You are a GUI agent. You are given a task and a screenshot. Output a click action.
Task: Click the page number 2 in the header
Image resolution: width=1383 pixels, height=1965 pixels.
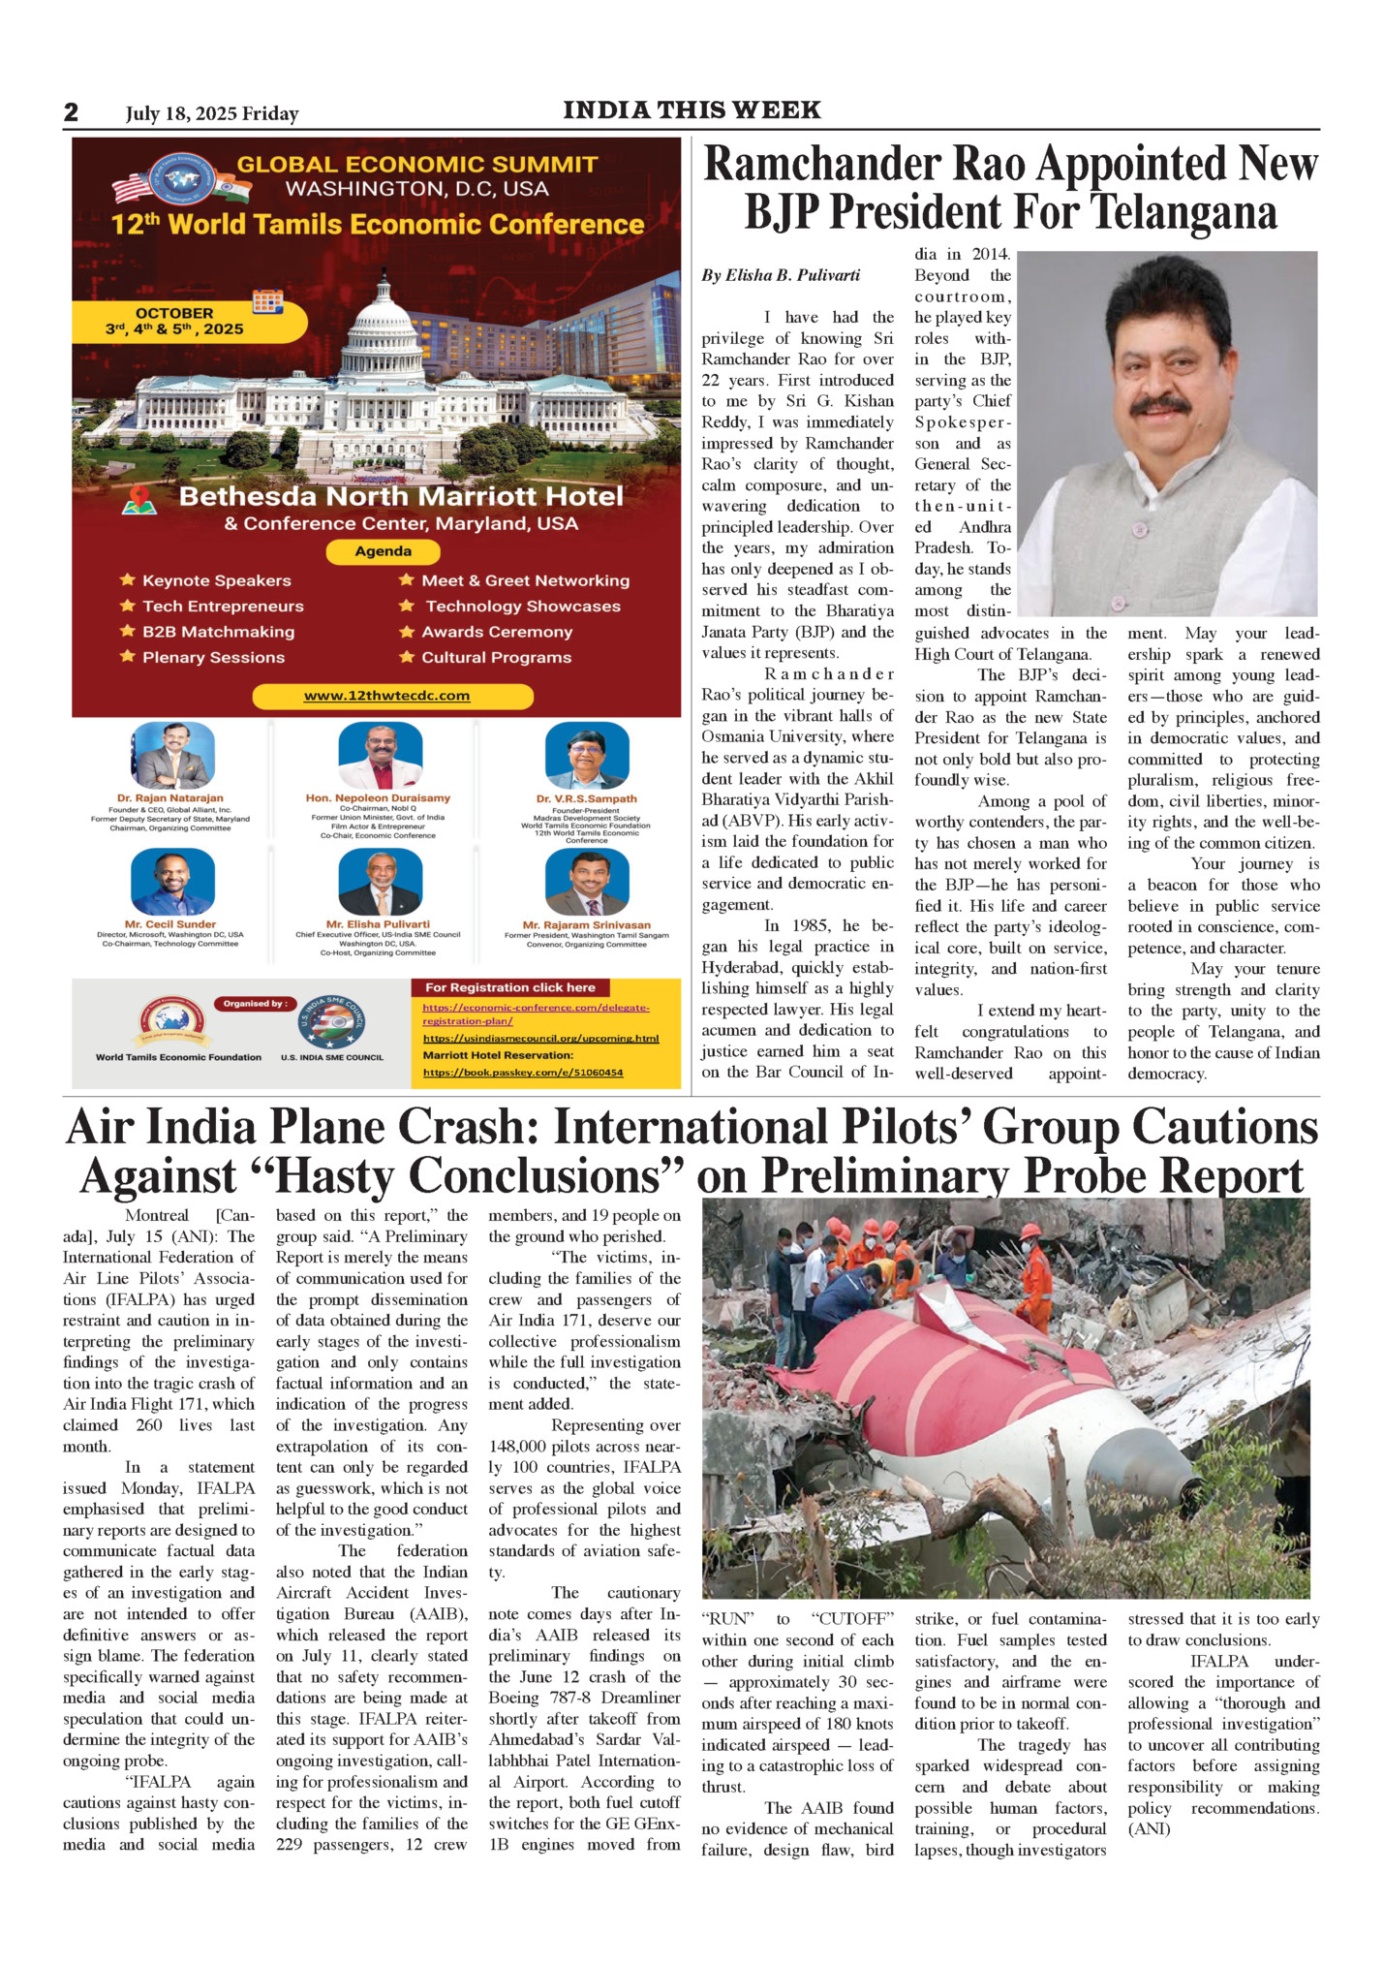point(71,112)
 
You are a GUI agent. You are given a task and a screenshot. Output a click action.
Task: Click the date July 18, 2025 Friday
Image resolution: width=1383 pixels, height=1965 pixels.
point(212,114)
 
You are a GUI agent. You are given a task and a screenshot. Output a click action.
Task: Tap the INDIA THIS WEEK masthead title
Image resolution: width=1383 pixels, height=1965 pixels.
point(691,110)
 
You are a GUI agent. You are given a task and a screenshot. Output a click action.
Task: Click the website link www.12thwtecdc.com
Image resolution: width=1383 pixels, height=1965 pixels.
point(386,696)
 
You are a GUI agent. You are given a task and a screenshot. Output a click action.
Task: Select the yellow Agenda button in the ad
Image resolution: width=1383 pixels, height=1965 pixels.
point(383,551)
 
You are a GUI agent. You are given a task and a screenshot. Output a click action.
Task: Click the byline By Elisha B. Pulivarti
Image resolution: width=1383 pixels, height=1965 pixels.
point(781,275)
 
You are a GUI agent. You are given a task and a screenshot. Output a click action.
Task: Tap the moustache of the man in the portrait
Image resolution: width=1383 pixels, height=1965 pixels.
point(1159,404)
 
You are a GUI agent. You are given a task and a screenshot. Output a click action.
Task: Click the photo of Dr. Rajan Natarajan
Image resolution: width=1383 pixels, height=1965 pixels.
point(171,755)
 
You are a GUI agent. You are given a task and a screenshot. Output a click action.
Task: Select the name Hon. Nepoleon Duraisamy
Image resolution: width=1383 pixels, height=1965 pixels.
point(378,798)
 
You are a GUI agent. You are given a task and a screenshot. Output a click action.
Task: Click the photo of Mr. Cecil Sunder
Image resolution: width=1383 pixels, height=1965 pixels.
point(171,882)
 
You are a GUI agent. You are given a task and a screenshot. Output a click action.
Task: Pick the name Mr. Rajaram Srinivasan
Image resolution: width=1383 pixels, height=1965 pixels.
point(586,925)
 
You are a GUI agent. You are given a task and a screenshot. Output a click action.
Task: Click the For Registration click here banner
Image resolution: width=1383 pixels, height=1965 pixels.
point(510,987)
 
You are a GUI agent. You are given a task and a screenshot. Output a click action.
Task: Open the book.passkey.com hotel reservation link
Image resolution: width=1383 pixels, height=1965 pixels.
point(522,1073)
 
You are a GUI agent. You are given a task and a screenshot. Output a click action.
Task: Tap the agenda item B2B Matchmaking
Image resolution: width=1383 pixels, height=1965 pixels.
point(218,632)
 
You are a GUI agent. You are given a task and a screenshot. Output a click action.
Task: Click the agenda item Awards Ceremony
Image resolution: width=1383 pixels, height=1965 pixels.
point(497,632)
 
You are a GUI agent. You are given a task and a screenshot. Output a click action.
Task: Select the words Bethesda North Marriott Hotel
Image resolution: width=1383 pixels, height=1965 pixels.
point(401,497)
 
